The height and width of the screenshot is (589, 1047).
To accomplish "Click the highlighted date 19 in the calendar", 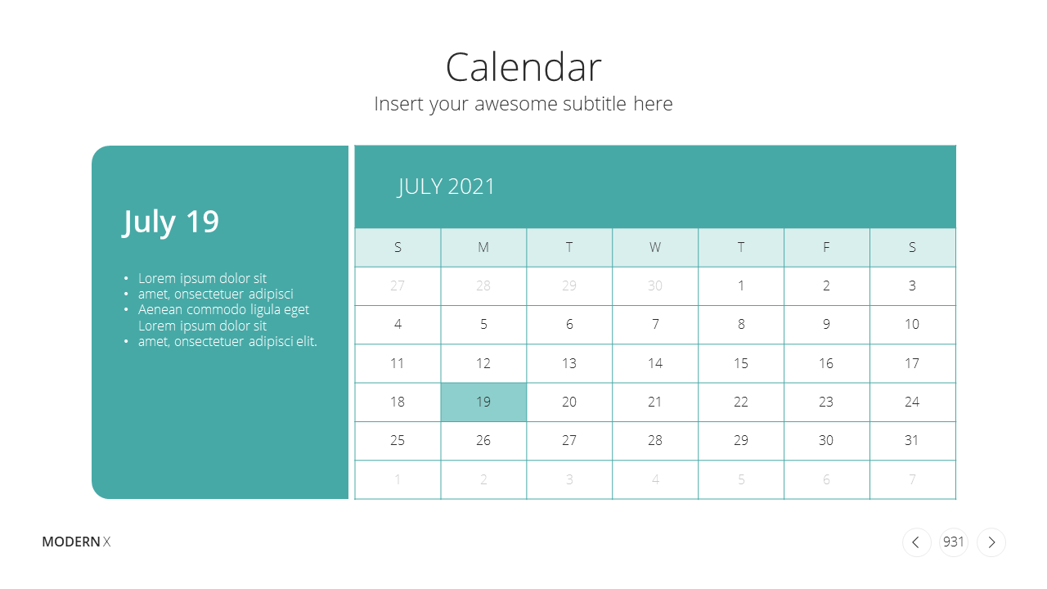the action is tap(483, 402).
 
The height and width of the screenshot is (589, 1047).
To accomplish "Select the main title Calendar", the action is tap(523, 67).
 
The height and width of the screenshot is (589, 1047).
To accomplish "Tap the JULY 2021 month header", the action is tap(446, 187).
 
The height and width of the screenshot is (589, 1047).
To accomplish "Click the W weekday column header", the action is tap(655, 247).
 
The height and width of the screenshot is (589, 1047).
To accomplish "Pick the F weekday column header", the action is tap(826, 247).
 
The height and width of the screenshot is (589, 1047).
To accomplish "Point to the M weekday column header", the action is tap(483, 247).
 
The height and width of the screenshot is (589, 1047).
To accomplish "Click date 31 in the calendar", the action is tap(912, 440).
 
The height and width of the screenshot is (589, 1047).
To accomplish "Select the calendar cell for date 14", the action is tap(655, 363).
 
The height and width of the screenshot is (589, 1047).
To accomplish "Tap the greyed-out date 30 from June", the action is tap(655, 286).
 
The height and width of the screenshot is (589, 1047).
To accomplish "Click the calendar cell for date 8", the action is tap(741, 325).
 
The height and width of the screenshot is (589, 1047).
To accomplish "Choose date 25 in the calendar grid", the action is tap(398, 440).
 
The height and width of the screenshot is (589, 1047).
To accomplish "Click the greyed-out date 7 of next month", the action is tap(912, 479).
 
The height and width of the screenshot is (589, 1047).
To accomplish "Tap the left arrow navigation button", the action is tap(916, 542).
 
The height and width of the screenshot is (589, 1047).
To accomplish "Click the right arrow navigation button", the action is tap(991, 542).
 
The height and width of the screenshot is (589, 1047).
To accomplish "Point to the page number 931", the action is tap(954, 542).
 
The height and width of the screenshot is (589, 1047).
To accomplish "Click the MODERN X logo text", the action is tap(76, 542).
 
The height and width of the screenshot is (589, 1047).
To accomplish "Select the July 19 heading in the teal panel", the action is tap(170, 222).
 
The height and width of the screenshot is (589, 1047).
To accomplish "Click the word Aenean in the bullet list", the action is tap(160, 309).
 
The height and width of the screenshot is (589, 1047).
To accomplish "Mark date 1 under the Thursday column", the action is tap(741, 286).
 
